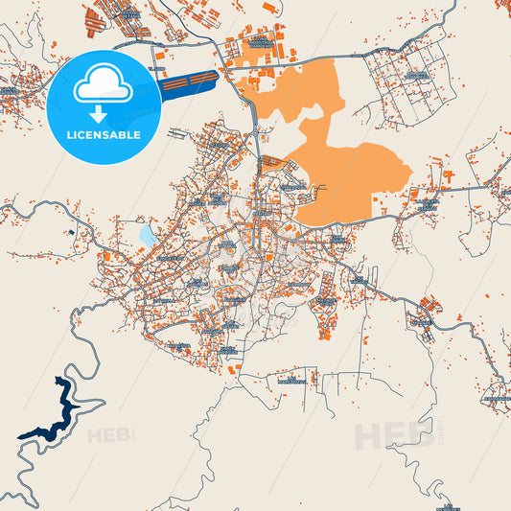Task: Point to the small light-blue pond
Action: (147, 233)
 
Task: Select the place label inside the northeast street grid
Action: (414, 74)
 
